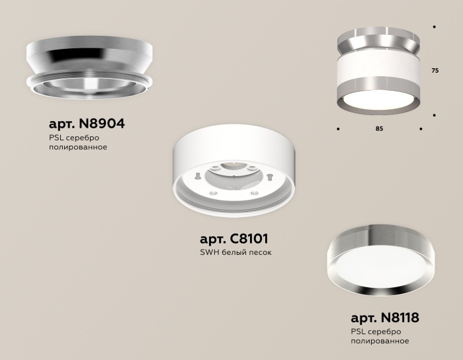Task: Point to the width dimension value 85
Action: (x=379, y=128)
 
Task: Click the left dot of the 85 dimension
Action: (x=338, y=128)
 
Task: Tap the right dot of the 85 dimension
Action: (x=421, y=128)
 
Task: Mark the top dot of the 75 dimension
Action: (x=434, y=27)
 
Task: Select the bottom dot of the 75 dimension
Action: (x=434, y=115)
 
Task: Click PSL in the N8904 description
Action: (x=56, y=137)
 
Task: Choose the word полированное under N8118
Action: (x=380, y=341)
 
